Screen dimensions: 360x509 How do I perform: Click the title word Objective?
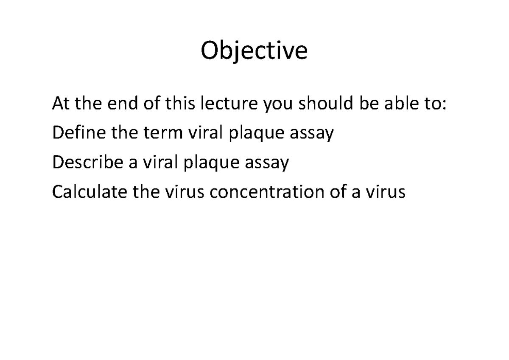pos(254,52)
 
